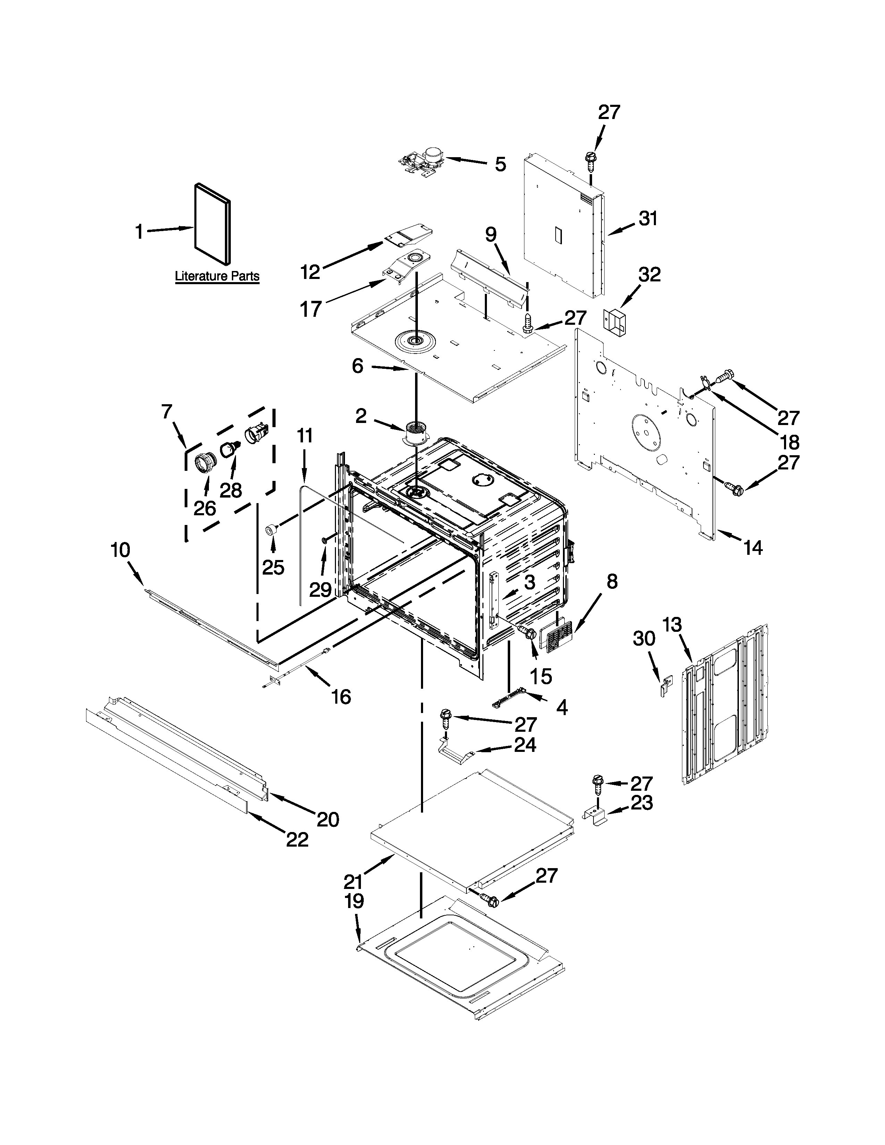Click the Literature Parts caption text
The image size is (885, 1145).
[x=217, y=276]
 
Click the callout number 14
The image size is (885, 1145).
[x=753, y=548]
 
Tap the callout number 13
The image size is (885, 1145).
[x=672, y=625]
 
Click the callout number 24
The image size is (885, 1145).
[x=525, y=745]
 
